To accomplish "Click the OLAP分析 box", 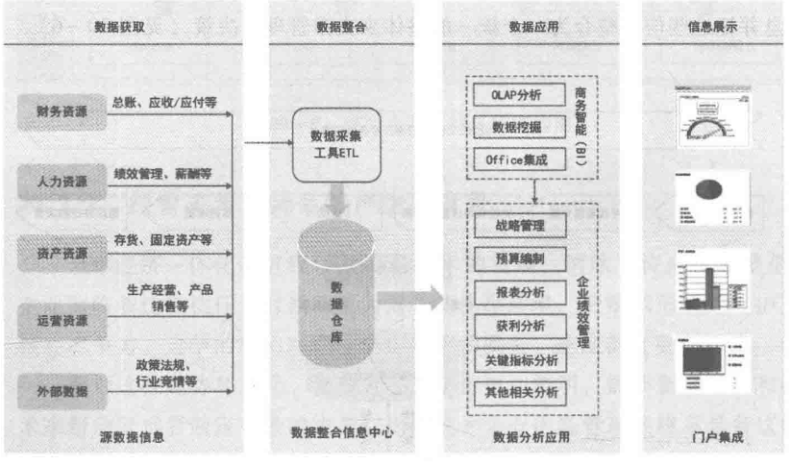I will click(519, 94).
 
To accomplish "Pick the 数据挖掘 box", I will click(519, 127).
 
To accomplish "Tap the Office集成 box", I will click(519, 159).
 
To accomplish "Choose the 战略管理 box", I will click(519, 225).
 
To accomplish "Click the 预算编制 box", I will click(519, 258).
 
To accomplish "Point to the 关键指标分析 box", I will click(519, 360).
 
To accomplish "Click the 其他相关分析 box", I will click(519, 393).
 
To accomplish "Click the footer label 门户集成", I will click(712, 436).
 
